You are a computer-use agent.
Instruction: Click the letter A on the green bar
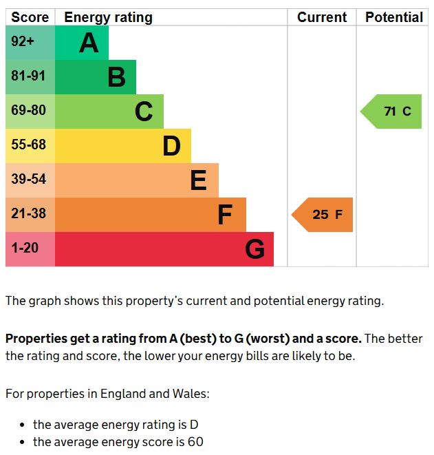tap(89, 43)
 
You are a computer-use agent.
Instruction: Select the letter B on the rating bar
tap(116, 78)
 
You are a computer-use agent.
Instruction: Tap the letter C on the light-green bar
tap(144, 112)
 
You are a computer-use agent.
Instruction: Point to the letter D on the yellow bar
tap(171, 146)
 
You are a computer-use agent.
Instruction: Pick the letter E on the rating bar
tap(198, 180)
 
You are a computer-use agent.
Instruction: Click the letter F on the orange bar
tap(225, 215)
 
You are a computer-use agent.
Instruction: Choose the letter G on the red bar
tap(254, 249)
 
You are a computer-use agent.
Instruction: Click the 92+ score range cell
tap(23, 42)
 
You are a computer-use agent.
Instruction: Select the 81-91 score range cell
tap(28, 76)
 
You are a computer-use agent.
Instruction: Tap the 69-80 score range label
tap(28, 110)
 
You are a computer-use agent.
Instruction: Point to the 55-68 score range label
tap(28, 145)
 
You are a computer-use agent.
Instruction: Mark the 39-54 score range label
tap(28, 179)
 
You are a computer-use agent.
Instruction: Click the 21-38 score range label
tap(28, 213)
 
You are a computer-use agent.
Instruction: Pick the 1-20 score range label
tap(25, 248)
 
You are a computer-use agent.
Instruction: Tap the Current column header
tap(322, 18)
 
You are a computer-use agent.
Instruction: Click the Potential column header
tap(394, 18)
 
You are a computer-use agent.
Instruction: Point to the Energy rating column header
tap(109, 18)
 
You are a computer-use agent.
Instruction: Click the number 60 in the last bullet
tap(195, 442)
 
